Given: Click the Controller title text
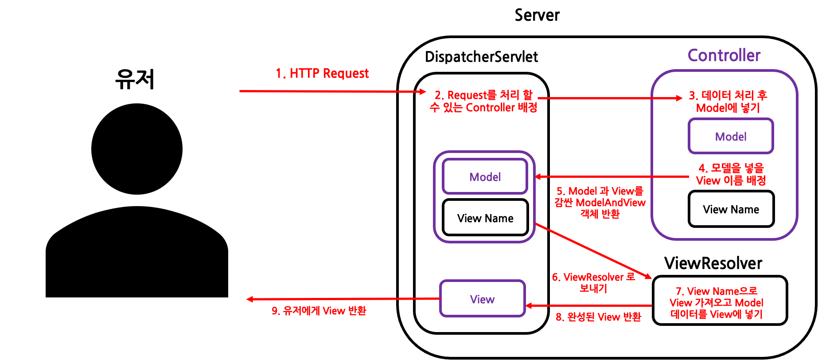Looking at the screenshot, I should [x=724, y=55].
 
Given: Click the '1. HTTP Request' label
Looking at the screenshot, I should [x=322, y=74].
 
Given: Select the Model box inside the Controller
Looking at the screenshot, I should [x=730, y=137].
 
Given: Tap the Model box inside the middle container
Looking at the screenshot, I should [x=485, y=177].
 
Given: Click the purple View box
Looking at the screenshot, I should [x=482, y=299].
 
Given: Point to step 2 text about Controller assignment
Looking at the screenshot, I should [x=483, y=102].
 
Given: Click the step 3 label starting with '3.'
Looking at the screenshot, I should [x=728, y=102].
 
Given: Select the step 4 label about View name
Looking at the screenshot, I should [x=731, y=174].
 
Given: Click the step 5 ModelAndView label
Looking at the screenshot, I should [x=600, y=203].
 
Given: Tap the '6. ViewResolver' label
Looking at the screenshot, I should [x=593, y=282].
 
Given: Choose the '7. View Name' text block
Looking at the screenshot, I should [x=716, y=303].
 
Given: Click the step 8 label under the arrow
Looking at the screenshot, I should [x=598, y=317].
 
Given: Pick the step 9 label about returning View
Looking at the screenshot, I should [x=319, y=311].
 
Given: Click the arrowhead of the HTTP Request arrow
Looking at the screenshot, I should [x=423, y=91].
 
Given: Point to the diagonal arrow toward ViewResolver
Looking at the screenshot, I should [x=594, y=251].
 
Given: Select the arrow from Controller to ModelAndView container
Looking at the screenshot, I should [x=612, y=176].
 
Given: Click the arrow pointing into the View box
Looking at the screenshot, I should [x=589, y=305].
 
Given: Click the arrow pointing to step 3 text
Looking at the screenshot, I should [x=612, y=98].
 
